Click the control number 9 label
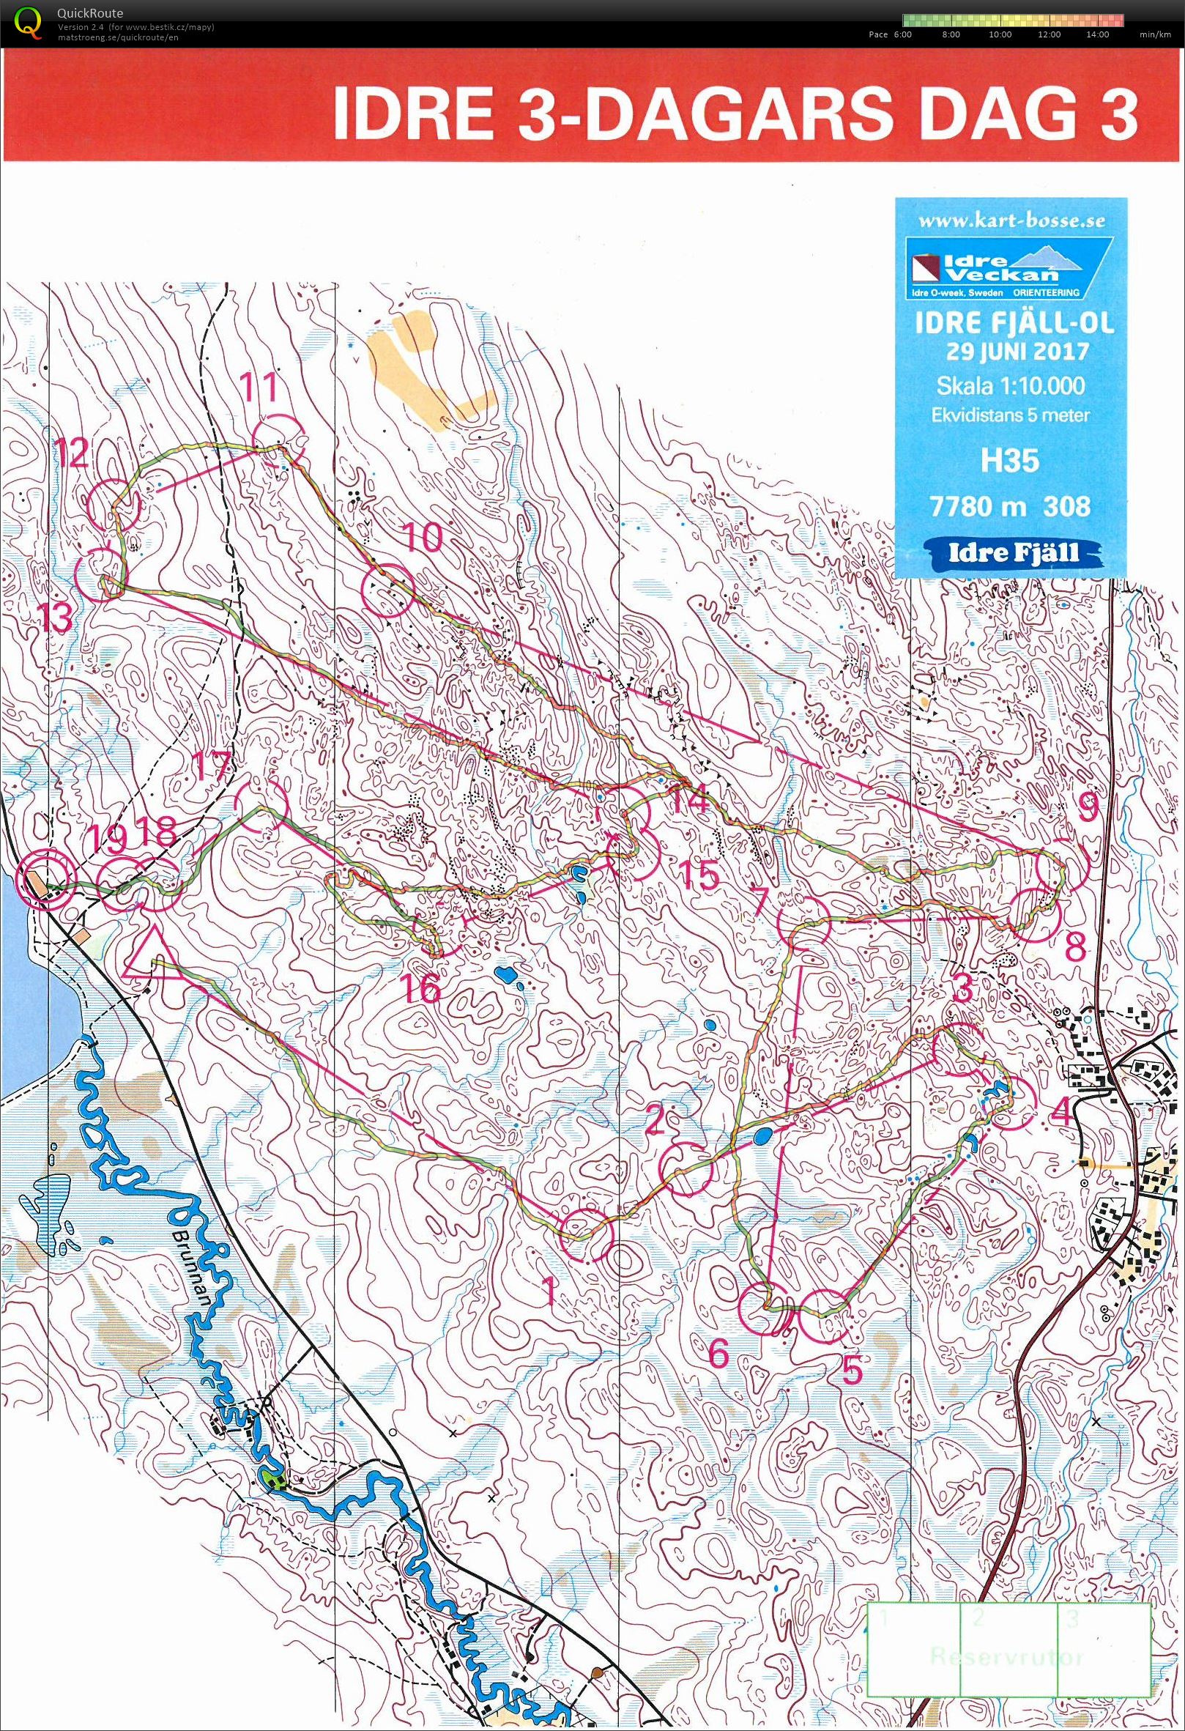pyautogui.click(x=1087, y=806)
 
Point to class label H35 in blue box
pyautogui.click(x=1008, y=461)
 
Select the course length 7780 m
pyautogui.click(x=970, y=507)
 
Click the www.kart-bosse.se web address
pyautogui.click(x=1011, y=221)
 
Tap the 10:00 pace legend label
pyautogui.click(x=1000, y=34)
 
